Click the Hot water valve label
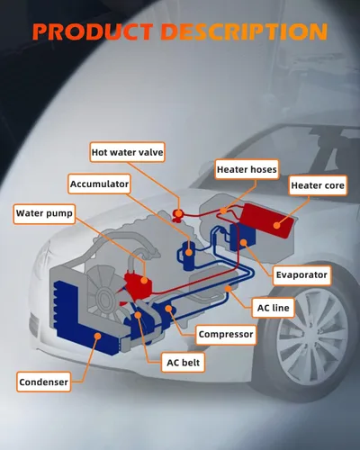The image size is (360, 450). tap(128, 152)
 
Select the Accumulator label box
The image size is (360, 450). tap(99, 184)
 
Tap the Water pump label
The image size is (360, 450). tap(44, 214)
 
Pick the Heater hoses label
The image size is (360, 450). tap(247, 169)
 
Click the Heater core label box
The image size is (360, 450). tap(318, 185)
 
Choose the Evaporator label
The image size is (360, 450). tap(301, 275)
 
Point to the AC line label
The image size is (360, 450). tap(273, 308)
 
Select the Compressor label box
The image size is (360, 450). tap(226, 335)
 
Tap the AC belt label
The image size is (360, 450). tap(183, 363)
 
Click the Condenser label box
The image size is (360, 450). tap(44, 382)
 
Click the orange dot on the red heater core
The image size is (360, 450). tap(277, 225)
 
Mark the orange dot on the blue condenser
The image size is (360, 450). tap(97, 336)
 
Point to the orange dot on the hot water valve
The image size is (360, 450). tap(178, 213)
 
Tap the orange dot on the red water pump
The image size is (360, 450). tap(144, 281)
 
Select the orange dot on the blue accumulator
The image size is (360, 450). tap(189, 252)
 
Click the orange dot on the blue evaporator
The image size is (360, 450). tap(243, 242)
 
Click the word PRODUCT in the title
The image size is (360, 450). tap(93, 31)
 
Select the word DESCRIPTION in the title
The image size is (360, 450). tap(244, 31)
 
